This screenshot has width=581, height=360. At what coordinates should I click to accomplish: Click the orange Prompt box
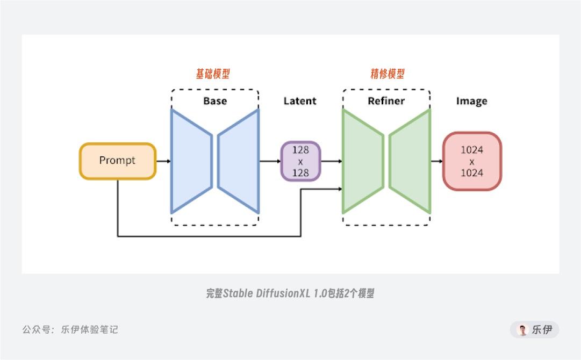click(x=117, y=161)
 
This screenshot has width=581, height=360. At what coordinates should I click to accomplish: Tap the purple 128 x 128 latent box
click(x=300, y=161)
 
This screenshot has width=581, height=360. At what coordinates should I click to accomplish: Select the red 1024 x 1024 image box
click(x=471, y=161)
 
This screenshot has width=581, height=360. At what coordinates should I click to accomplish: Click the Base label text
click(x=215, y=101)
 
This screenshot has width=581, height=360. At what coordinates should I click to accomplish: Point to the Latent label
click(x=300, y=101)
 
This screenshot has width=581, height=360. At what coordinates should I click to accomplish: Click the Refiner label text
click(x=386, y=101)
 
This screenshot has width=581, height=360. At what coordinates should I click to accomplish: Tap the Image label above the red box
click(x=471, y=101)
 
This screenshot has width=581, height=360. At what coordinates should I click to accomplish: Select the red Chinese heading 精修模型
click(x=387, y=74)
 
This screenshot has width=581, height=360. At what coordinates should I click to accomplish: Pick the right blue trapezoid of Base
click(x=239, y=161)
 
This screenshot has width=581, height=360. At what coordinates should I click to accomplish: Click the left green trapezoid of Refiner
click(x=363, y=161)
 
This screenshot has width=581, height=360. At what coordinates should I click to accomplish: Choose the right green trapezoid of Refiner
click(x=410, y=161)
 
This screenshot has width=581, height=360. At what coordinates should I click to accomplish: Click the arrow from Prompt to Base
click(x=163, y=161)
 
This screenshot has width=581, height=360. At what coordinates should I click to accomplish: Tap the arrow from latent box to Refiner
click(x=332, y=161)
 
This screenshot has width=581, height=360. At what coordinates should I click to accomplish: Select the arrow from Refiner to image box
click(x=436, y=161)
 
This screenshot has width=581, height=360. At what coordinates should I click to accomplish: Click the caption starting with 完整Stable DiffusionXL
click(x=290, y=293)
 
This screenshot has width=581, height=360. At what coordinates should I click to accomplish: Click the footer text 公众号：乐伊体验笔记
click(x=70, y=329)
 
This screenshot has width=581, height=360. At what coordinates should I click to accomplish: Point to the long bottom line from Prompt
click(x=210, y=236)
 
